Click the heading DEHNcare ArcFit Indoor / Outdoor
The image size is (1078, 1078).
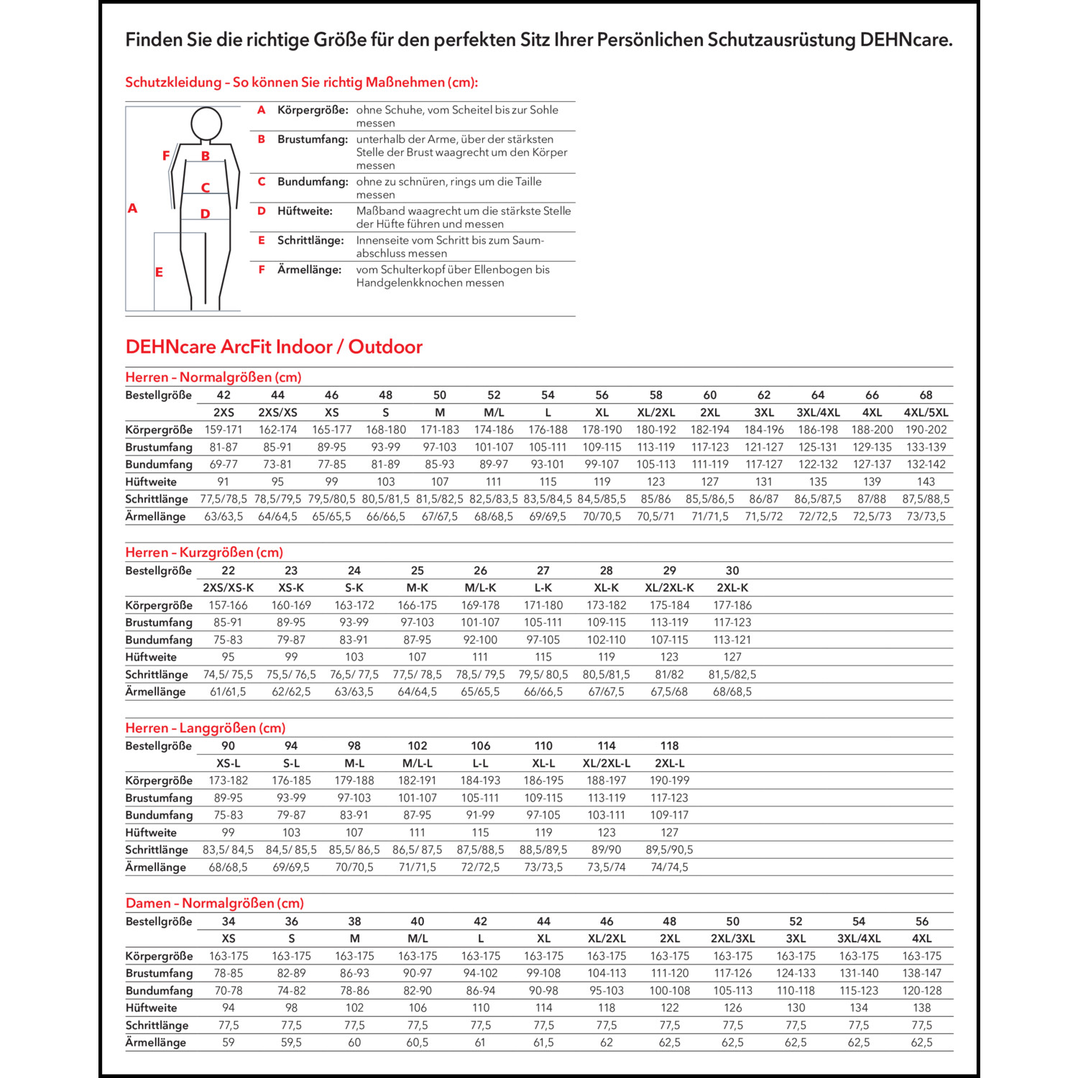coord(274,347)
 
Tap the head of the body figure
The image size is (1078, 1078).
coord(206,124)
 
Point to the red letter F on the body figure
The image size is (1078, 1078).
coord(166,155)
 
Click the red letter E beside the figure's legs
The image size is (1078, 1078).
coord(159,272)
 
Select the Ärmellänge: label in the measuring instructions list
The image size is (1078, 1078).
coord(309,269)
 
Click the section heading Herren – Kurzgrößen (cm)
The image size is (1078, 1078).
coord(204,552)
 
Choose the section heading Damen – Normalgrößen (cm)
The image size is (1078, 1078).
coord(214,903)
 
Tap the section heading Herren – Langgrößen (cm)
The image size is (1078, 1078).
coord(206,728)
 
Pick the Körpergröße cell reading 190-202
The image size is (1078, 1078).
coord(926,430)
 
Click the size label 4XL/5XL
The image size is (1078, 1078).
coord(926,413)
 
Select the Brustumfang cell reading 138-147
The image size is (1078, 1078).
coord(921,973)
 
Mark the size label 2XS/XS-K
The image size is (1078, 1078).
coord(229,588)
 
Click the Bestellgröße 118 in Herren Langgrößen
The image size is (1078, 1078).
coord(669,746)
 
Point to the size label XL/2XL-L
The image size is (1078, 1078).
coord(607,763)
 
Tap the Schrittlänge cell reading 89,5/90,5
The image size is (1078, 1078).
coord(669,849)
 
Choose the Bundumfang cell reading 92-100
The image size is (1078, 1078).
coord(480,640)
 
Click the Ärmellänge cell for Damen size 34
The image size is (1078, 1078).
coord(229,1042)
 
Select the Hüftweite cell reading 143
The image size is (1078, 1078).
coord(926,482)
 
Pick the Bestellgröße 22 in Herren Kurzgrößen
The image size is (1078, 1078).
coord(229,571)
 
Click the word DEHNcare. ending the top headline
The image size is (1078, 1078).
coord(906,40)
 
